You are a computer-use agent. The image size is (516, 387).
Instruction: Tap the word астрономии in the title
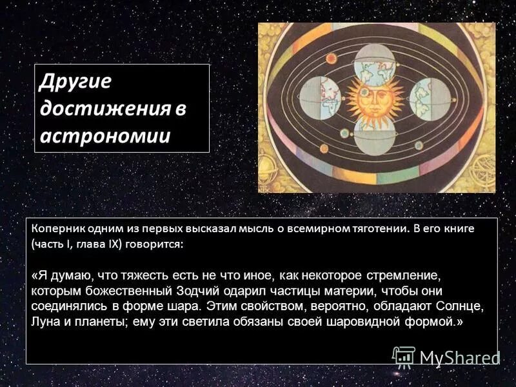coord(104,136)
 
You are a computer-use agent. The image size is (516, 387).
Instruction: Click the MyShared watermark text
coord(460,357)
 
